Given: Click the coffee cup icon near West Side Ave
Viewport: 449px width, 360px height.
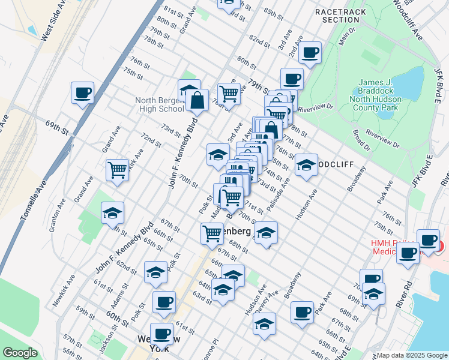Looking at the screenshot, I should (83, 94).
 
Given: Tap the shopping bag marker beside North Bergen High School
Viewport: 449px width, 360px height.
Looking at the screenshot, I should (197, 100).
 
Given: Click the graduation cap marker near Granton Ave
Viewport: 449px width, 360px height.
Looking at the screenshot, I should (112, 213).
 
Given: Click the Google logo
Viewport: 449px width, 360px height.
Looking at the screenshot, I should (20, 353).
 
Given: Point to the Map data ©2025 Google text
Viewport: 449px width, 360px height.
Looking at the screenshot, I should (412, 355).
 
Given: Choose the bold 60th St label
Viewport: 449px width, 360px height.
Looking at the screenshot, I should (117, 318).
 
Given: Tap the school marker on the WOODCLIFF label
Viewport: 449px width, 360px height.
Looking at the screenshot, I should (306, 165).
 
